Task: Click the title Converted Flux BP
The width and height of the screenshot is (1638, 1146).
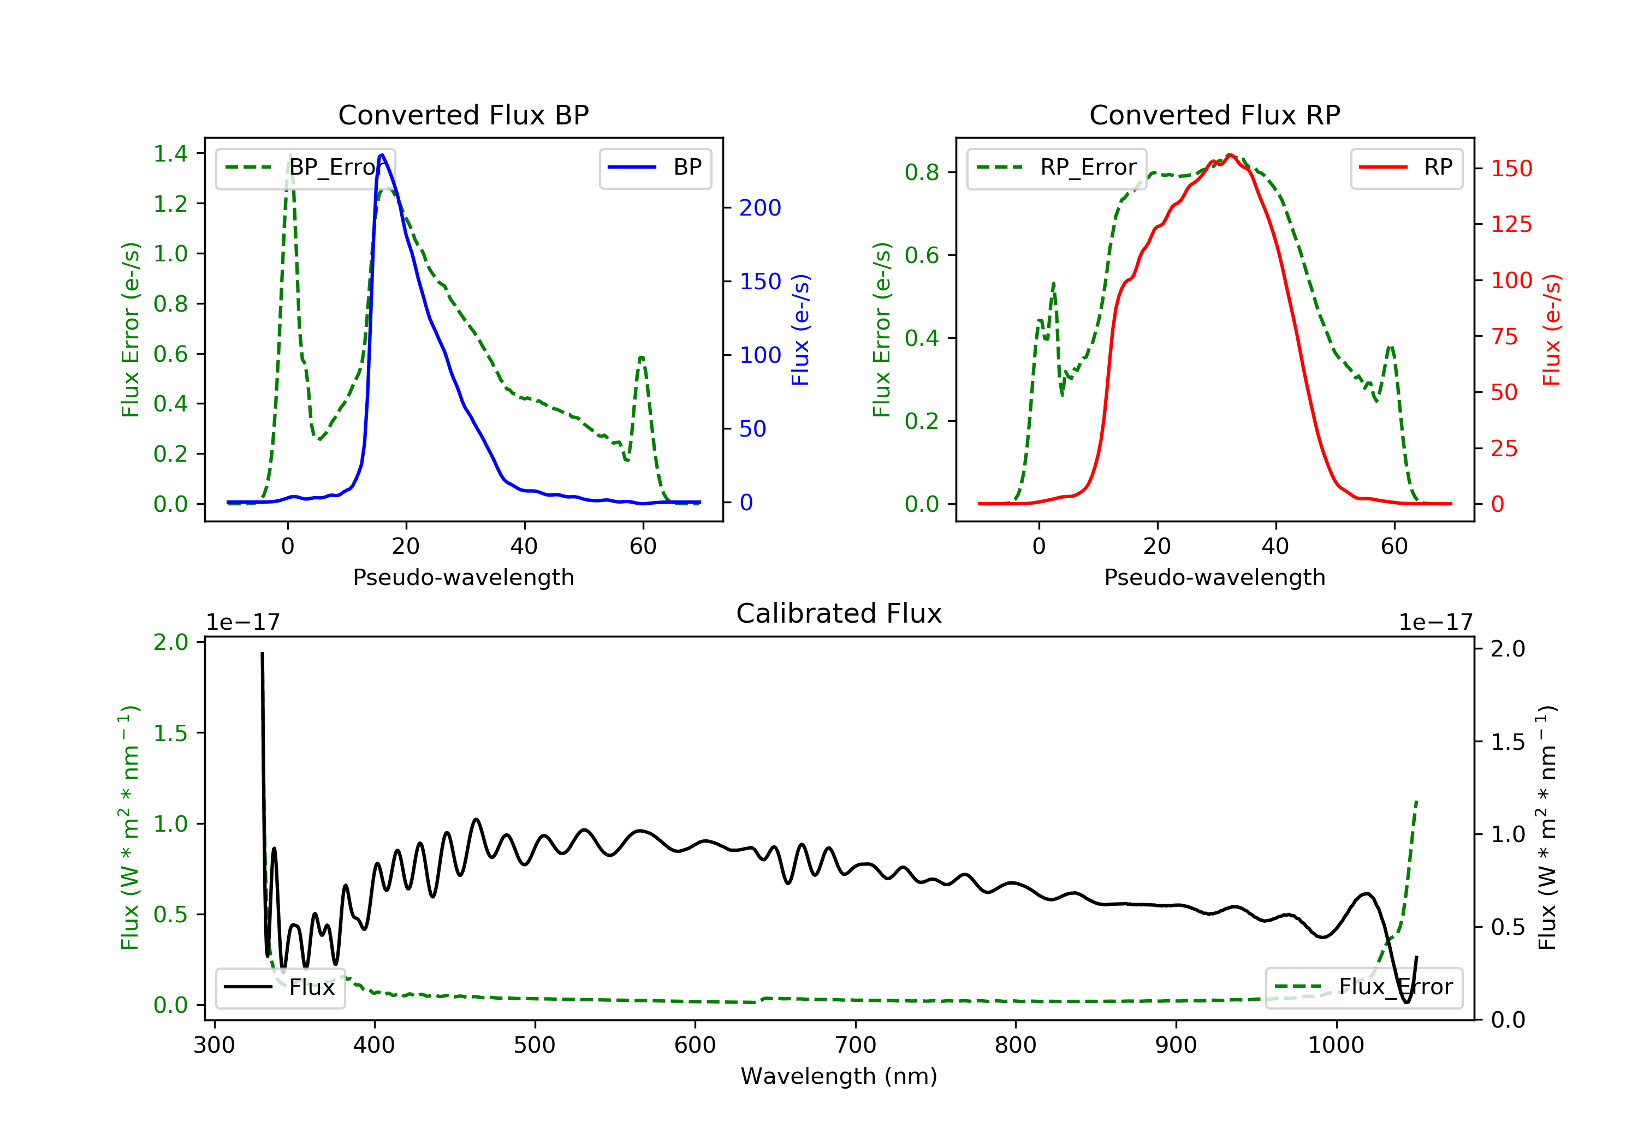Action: click(463, 115)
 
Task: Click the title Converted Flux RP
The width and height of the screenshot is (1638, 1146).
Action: click(1214, 115)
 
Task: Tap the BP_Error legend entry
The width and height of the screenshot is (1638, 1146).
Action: click(305, 168)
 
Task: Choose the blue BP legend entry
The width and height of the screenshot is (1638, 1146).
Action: click(655, 168)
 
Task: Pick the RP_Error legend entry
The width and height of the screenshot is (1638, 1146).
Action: click(1057, 168)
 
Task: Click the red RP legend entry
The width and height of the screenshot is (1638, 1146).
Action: click(1406, 168)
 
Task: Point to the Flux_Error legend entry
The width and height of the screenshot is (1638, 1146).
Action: click(1363, 987)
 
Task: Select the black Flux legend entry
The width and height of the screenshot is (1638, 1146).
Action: click(281, 987)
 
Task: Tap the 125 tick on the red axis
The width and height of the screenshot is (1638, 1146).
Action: click(1511, 224)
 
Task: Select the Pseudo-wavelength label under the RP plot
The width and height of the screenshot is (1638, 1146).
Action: click(1214, 577)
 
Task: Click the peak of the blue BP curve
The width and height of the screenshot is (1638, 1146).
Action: click(382, 155)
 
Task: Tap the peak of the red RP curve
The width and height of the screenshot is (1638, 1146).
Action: click(1230, 155)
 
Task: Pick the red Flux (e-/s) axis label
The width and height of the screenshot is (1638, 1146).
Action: click(1551, 330)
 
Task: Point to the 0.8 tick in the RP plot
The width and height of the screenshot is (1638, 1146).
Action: click(921, 172)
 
